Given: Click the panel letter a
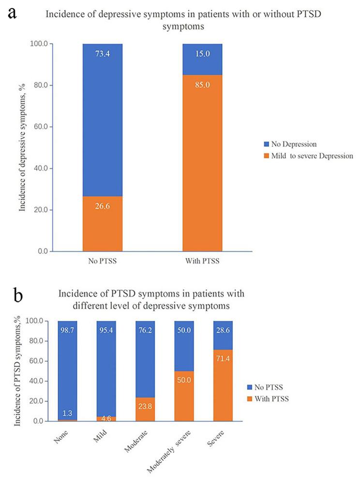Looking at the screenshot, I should (11, 12).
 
